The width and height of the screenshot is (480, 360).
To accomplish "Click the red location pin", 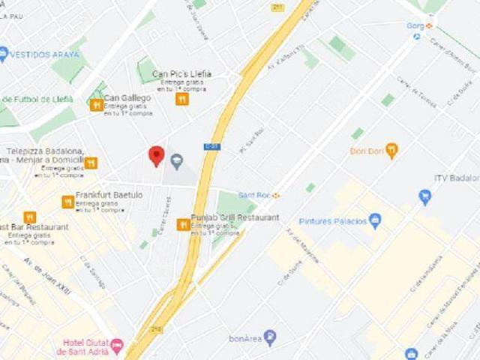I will [156, 154].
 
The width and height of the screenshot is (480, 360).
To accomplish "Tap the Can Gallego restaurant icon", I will [96, 105].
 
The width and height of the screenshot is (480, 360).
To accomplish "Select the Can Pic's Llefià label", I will [181, 73].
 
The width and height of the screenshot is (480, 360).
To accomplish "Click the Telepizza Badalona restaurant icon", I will [91, 163].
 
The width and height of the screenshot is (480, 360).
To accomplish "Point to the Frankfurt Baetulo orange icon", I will [68, 202].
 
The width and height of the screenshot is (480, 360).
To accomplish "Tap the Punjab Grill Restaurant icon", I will [183, 224].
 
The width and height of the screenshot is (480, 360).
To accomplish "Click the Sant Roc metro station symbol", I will [277, 195].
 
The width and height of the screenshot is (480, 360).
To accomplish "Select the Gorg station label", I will [415, 25].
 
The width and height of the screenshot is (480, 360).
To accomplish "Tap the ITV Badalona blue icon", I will [425, 197].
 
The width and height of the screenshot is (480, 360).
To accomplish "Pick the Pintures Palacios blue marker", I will [375, 220].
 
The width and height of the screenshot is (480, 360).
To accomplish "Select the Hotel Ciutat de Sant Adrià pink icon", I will [116, 346].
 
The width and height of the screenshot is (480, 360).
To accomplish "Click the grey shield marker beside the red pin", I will [177, 160].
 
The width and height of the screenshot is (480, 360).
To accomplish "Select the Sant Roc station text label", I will [254, 195].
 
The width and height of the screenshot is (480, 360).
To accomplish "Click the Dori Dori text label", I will [366, 151].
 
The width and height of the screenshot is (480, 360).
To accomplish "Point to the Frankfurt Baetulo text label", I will [109, 194].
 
